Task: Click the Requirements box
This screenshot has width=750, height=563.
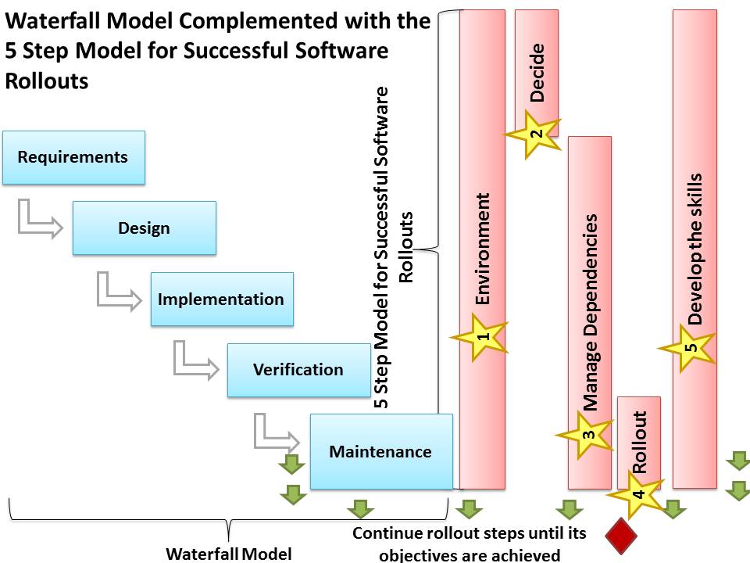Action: click(73, 157)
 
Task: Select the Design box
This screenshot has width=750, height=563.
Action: click(144, 228)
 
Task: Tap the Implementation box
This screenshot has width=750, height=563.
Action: click(222, 299)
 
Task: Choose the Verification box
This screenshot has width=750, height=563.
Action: click(298, 369)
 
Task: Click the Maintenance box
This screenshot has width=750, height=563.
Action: click(380, 451)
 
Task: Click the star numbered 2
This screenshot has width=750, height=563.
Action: click(534, 134)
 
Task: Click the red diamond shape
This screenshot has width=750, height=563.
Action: click(622, 536)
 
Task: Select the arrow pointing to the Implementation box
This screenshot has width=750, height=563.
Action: click(116, 292)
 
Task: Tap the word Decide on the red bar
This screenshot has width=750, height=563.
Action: click(537, 73)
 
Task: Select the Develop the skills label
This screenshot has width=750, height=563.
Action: click(695, 249)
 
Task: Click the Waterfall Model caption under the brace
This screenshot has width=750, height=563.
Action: click(228, 554)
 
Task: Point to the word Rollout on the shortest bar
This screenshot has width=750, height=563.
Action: click(639, 442)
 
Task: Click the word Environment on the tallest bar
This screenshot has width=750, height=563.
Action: click(483, 249)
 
